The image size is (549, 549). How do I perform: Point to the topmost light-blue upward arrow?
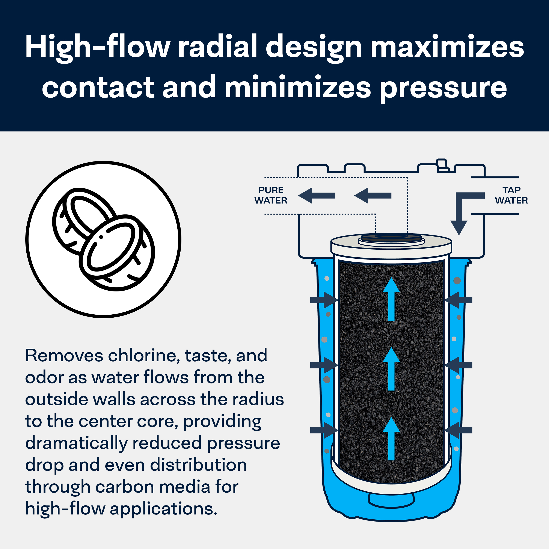coord(391,298)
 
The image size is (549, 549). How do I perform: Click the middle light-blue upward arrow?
coord(391,369)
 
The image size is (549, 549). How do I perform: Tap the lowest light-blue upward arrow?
coord(391,439)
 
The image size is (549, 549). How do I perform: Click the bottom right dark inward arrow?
coord(458,430)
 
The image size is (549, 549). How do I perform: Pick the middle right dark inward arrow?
coord(458,365)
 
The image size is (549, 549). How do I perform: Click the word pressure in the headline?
coord(443,87)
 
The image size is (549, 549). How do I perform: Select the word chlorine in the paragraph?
coord(144,356)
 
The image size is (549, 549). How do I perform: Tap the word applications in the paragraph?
coord(163,508)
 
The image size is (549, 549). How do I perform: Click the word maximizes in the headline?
coord(447,47)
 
